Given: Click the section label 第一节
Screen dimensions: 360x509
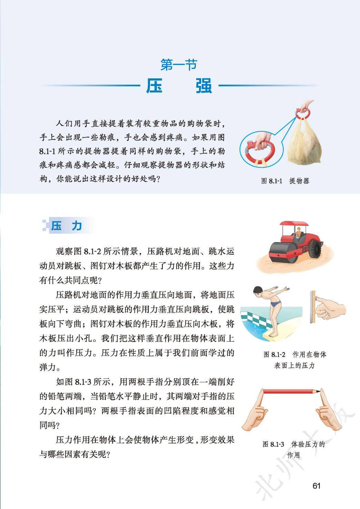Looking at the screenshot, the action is (x=179, y=65).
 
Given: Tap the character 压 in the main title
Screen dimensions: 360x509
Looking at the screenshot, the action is (x=154, y=86).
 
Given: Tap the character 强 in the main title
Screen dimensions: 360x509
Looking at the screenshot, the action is (x=204, y=86).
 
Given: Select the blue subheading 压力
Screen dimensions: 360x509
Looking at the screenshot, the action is (x=66, y=226).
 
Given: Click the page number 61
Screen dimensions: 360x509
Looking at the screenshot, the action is (x=317, y=486).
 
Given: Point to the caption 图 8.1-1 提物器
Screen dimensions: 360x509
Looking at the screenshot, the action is (x=285, y=181).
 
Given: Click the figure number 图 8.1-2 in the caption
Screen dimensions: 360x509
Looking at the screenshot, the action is (x=274, y=354).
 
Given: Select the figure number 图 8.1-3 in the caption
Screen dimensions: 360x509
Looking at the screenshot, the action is (x=273, y=444).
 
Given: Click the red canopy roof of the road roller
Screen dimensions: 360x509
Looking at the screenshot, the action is (x=294, y=224).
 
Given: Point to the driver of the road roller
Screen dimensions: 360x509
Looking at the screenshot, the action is (x=299, y=233).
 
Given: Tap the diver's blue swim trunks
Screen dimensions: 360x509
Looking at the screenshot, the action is (x=276, y=303).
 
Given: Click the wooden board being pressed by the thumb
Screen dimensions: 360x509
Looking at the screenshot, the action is (x=312, y=306).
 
